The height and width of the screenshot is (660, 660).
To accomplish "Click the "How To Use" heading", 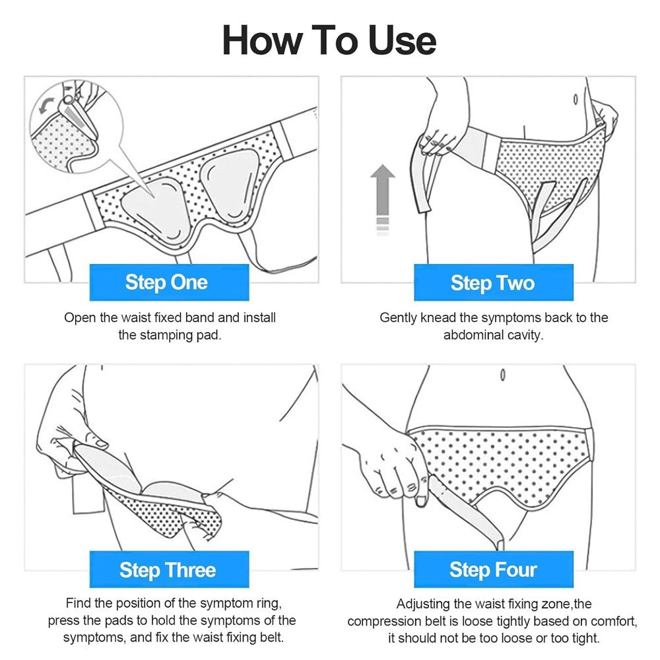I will pos(329,40).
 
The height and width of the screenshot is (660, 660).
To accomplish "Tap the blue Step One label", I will pos(166,282).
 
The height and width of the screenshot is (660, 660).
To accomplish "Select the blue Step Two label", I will pos(492,282).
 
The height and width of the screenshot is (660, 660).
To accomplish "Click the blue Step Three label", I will pos(168,570).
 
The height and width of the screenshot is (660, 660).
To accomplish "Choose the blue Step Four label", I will pos(493,570).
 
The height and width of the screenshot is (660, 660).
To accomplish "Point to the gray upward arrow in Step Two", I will pos(382,198).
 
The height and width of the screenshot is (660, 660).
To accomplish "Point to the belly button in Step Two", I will pos(575,99).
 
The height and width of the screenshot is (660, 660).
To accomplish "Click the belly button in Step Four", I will pos(502,374).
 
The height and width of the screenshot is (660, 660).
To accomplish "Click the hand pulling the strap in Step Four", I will pos(389,465).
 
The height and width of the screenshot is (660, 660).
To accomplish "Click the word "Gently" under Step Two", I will pos(399,317).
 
